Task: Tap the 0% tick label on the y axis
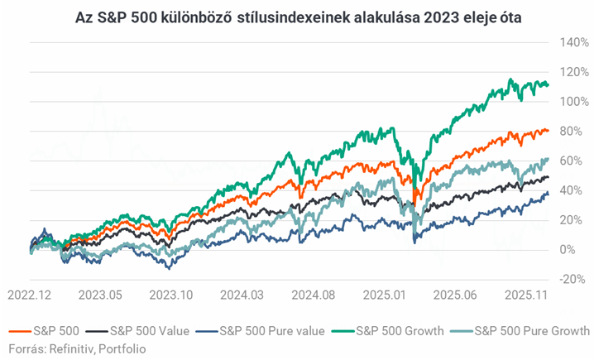(568, 249)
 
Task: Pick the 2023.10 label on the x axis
(171, 295)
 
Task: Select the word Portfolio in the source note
(123, 348)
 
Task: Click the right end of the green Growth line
(548, 84)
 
